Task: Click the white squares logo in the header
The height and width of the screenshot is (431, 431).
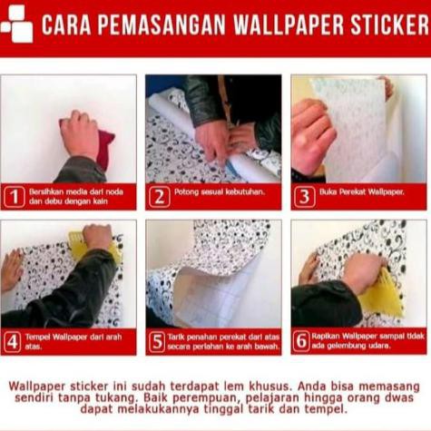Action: (17, 24)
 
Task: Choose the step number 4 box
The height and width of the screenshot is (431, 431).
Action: (13, 342)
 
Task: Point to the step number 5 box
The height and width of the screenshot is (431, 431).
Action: (158, 342)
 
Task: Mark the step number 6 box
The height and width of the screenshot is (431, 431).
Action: (303, 342)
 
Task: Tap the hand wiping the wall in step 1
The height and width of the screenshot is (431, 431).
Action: (80, 134)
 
